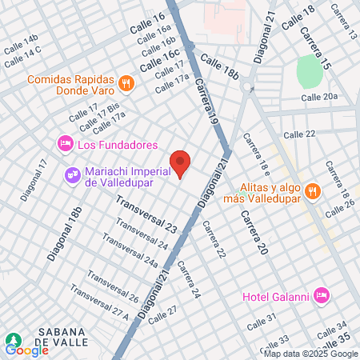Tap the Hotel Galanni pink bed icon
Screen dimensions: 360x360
322,296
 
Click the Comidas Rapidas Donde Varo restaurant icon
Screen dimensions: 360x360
126,83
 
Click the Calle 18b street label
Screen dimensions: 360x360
220,66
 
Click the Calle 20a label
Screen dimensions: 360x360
321,97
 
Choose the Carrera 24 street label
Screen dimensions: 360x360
189,281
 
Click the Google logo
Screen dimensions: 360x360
26,350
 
